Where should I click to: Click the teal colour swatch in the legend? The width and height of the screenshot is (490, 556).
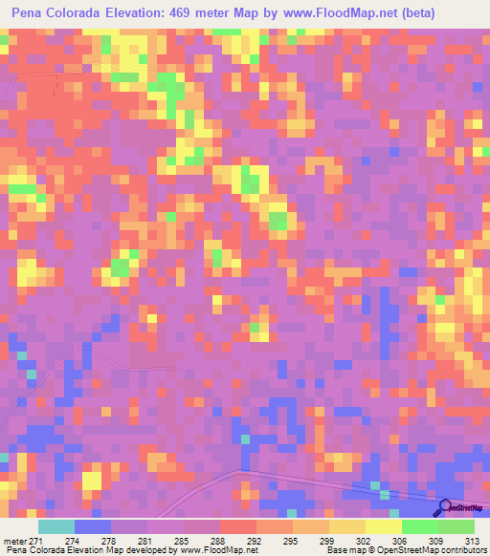[56, 526]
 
